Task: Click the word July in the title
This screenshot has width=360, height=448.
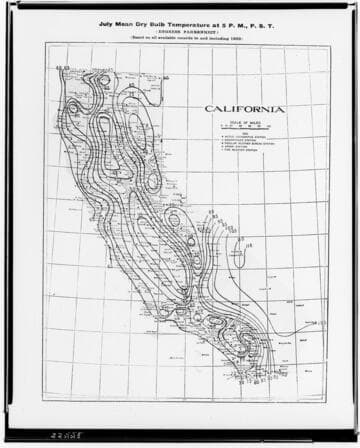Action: (x=107, y=17)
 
